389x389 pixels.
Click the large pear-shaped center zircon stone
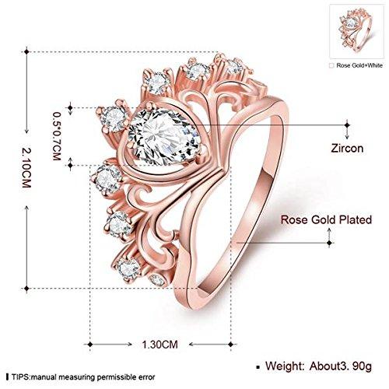tap(164, 137)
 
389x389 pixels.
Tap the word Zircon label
tap(347, 149)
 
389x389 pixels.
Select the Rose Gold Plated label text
tap(326, 219)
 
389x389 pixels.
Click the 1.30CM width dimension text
tap(160, 345)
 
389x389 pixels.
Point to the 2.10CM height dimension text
tap(26, 167)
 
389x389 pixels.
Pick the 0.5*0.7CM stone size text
tap(57, 136)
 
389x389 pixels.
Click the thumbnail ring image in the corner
tap(356, 31)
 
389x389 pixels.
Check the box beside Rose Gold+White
tap(331, 65)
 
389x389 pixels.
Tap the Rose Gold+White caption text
tap(359, 65)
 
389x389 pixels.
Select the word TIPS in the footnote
tap(20, 377)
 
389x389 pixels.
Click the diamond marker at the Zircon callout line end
tap(347, 125)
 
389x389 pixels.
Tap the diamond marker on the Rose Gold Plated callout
tap(329, 243)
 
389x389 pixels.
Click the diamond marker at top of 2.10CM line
tap(26, 51)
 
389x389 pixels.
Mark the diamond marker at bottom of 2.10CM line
tap(26, 288)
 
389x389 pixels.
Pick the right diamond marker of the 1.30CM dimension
tap(231, 345)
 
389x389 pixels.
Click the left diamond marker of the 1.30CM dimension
tap(90, 345)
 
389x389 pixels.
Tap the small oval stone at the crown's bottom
tap(157, 279)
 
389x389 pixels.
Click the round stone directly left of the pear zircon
tap(114, 119)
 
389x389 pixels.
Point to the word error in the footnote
tap(146, 377)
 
